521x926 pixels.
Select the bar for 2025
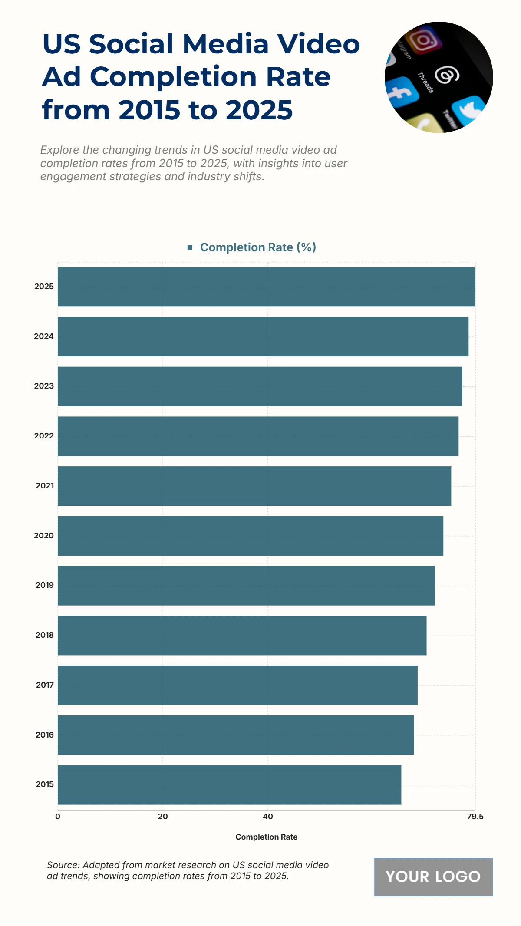[266, 287]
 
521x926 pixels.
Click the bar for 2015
[229, 784]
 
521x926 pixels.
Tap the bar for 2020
[251, 536]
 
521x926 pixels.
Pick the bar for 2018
[242, 635]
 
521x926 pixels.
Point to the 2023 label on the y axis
[44, 386]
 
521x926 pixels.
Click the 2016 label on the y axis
[45, 735]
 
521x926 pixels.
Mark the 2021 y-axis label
[45, 486]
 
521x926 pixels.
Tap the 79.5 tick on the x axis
[475, 817]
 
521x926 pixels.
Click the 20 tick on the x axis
[163, 817]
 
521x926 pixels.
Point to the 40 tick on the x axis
[268, 817]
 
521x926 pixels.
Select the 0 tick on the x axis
[58, 817]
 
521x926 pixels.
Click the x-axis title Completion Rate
[266, 837]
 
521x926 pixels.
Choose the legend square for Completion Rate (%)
[190, 247]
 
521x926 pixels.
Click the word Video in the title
[319, 44]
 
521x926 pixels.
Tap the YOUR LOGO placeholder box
[433, 877]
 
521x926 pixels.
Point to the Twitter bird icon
[468, 110]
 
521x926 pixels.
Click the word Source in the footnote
[63, 865]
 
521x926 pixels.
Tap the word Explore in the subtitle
[59, 150]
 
